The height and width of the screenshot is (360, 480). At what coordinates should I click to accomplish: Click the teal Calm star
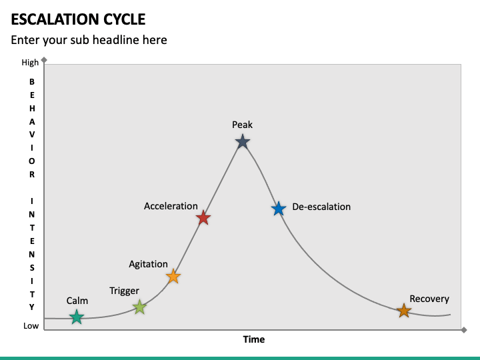[77, 317]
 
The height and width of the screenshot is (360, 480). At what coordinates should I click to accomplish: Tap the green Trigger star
[139, 307]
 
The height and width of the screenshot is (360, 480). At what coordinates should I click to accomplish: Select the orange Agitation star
[173, 276]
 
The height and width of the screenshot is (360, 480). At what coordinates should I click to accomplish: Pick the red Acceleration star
[204, 218]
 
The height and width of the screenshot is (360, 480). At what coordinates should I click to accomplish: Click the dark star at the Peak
[243, 141]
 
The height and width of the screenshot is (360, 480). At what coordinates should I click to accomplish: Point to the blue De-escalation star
[279, 209]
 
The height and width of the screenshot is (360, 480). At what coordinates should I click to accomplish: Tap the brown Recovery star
[404, 311]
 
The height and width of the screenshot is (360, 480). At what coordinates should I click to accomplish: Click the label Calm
[77, 301]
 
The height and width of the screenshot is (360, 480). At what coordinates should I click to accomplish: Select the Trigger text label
[124, 291]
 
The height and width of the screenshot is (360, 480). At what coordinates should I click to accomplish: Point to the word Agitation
[148, 264]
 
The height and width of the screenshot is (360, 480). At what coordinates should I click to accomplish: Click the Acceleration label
[171, 206]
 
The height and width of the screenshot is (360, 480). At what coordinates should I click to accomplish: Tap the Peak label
[242, 125]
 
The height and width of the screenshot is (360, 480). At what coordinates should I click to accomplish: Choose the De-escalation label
[321, 207]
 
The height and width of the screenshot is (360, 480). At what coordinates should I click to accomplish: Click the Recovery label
[429, 299]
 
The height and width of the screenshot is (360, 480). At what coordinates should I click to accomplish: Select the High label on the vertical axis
[30, 63]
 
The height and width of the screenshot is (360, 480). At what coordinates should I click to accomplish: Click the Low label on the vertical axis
[31, 326]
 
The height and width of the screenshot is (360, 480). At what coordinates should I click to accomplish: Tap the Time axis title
[253, 339]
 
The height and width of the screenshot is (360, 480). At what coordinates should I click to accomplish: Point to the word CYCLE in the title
[124, 19]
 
